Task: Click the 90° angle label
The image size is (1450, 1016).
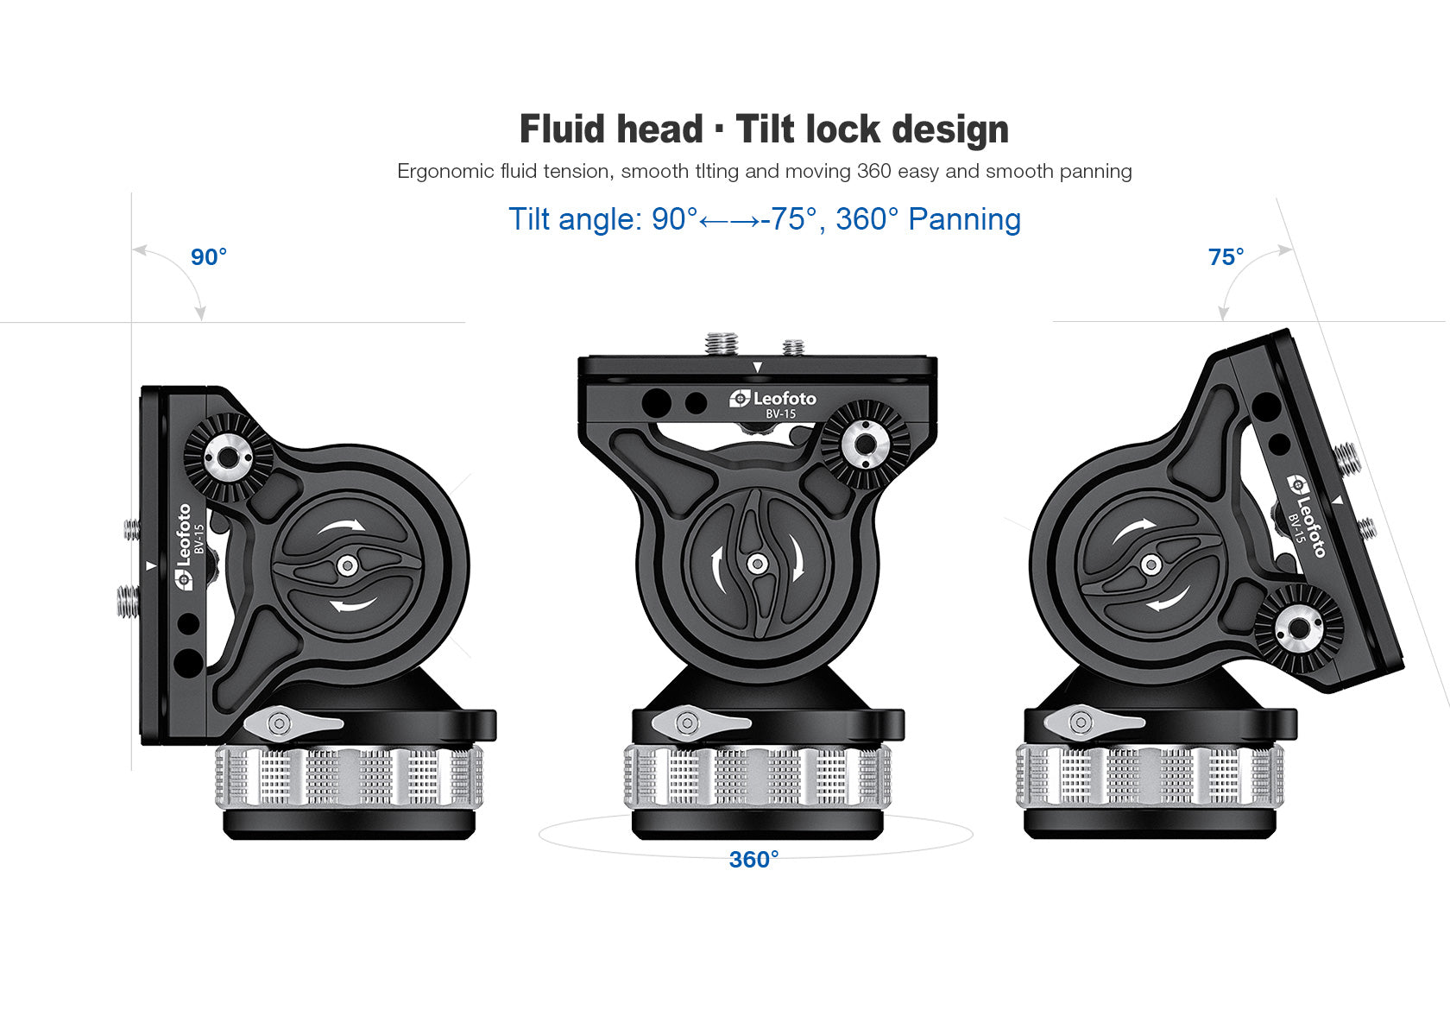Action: point(209,257)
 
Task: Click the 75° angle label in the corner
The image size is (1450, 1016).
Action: point(1226,257)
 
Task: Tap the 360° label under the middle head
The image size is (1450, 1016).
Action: point(753,860)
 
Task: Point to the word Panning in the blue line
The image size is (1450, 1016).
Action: point(964,219)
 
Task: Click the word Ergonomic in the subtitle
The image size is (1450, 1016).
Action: point(445,171)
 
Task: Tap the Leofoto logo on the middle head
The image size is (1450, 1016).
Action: point(773,398)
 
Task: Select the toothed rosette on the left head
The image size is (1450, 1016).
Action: point(228,457)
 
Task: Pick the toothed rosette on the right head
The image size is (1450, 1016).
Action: point(1298,628)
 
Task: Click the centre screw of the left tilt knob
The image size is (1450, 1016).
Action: point(347,566)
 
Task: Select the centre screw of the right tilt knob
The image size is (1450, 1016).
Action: point(1151,565)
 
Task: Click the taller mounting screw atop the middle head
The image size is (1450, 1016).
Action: point(722,343)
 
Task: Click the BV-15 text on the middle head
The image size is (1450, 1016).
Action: point(781,414)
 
